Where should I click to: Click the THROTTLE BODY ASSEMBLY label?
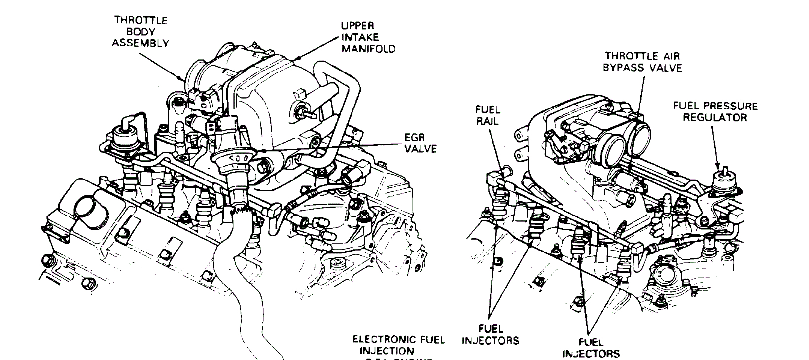[140, 32]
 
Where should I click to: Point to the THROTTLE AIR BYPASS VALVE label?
[643, 62]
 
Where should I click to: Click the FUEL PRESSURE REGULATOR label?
[715, 111]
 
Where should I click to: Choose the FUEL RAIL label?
[487, 115]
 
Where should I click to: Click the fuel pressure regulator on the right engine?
[724, 185]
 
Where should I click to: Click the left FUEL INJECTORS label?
[490, 334]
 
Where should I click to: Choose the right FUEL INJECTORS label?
[591, 347]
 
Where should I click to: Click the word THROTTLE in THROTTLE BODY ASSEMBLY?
[141, 20]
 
